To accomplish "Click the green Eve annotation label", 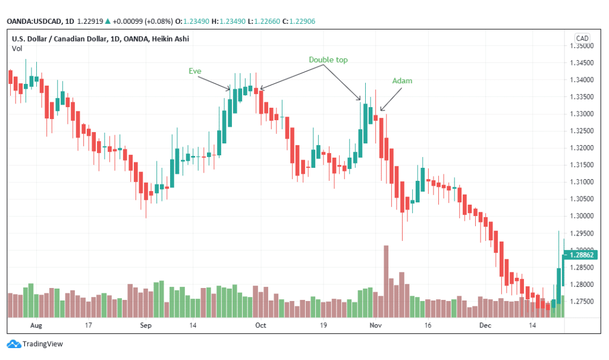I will pos(195,71).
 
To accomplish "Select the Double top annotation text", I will pos(328,60).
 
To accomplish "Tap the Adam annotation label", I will pos(402,80).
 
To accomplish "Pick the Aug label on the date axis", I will pos(36,326).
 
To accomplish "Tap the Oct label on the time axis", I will pos(260,326).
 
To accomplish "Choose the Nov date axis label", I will pos(375,326).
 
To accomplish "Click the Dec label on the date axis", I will pos(486,326).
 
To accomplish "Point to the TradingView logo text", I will pos(42,344).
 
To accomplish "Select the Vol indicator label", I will pos(17,48).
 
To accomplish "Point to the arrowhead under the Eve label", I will pos(229,89).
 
